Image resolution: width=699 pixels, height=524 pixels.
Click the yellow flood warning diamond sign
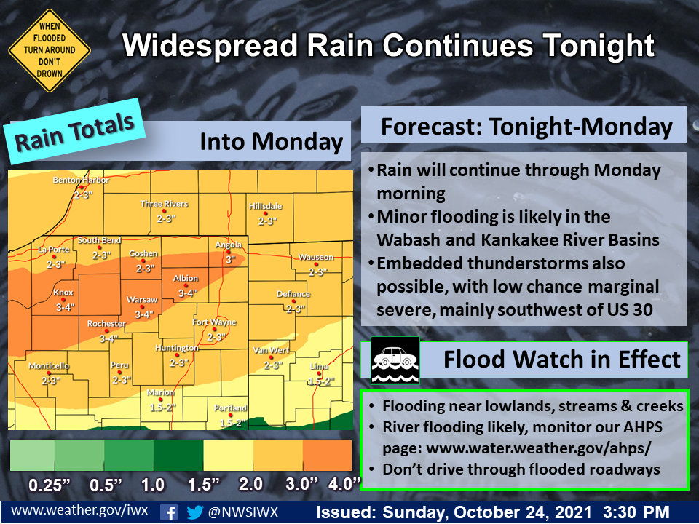[x=49, y=50]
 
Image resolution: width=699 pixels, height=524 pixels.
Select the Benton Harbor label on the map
[x=81, y=180]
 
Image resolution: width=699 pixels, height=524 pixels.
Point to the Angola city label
[x=228, y=245]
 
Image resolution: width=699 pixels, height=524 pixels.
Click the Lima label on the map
[x=319, y=366]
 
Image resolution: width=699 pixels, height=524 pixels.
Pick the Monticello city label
[x=49, y=365]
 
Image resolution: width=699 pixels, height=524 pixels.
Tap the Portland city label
[x=230, y=408]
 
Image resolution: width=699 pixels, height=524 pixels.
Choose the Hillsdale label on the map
[x=265, y=206]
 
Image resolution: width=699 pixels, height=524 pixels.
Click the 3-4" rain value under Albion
[x=187, y=293]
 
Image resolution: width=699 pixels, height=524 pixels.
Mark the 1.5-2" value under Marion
[x=160, y=408]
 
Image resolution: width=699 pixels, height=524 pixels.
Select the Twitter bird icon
[x=194, y=512]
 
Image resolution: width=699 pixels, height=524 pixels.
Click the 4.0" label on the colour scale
[x=344, y=484]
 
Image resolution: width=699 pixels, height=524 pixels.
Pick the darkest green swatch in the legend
[x=178, y=456]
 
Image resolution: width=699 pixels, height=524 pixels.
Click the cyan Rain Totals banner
[x=74, y=132]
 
